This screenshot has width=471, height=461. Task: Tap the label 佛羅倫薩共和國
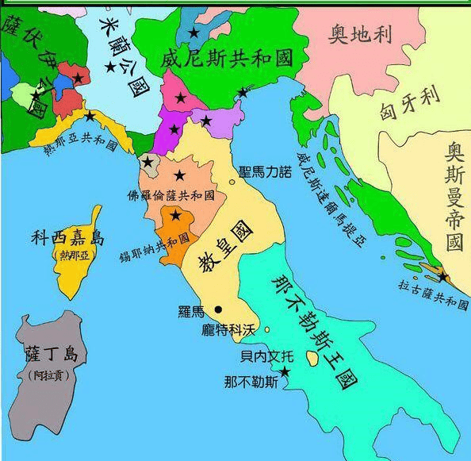[171, 194]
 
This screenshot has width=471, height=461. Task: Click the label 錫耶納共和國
[166, 238]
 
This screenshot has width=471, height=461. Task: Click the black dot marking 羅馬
[218, 309]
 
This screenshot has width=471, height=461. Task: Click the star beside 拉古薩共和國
[442, 277]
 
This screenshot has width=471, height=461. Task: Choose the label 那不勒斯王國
[308, 333]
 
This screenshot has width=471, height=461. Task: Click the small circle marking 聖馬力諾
[232, 182]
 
